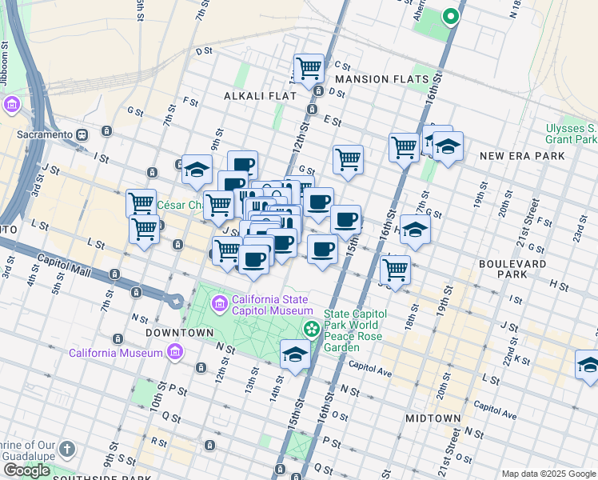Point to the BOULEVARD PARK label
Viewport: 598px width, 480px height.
coord(512,270)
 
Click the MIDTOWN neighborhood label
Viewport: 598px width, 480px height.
coord(433,418)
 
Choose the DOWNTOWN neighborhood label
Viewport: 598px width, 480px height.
coord(180,332)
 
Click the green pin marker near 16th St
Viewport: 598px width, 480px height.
coord(450,16)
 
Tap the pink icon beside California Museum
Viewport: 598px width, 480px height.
coord(176,353)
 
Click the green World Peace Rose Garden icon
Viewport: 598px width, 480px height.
coord(311,328)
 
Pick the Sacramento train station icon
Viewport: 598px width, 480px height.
coord(82,135)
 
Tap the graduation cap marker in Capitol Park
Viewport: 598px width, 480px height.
coord(295,354)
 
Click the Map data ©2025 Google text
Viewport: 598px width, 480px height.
coord(548,474)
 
